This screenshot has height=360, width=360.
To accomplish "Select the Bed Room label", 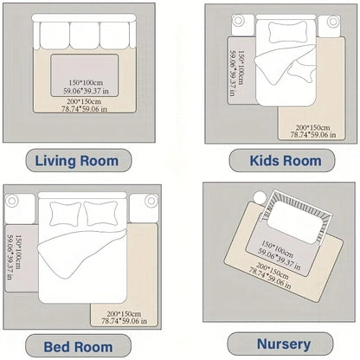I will pyautogui.click(x=80, y=346).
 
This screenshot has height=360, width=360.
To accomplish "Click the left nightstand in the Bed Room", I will pyautogui.click(x=13, y=202).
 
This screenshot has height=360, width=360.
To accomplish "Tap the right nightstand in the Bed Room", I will pyautogui.click(x=151, y=202).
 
